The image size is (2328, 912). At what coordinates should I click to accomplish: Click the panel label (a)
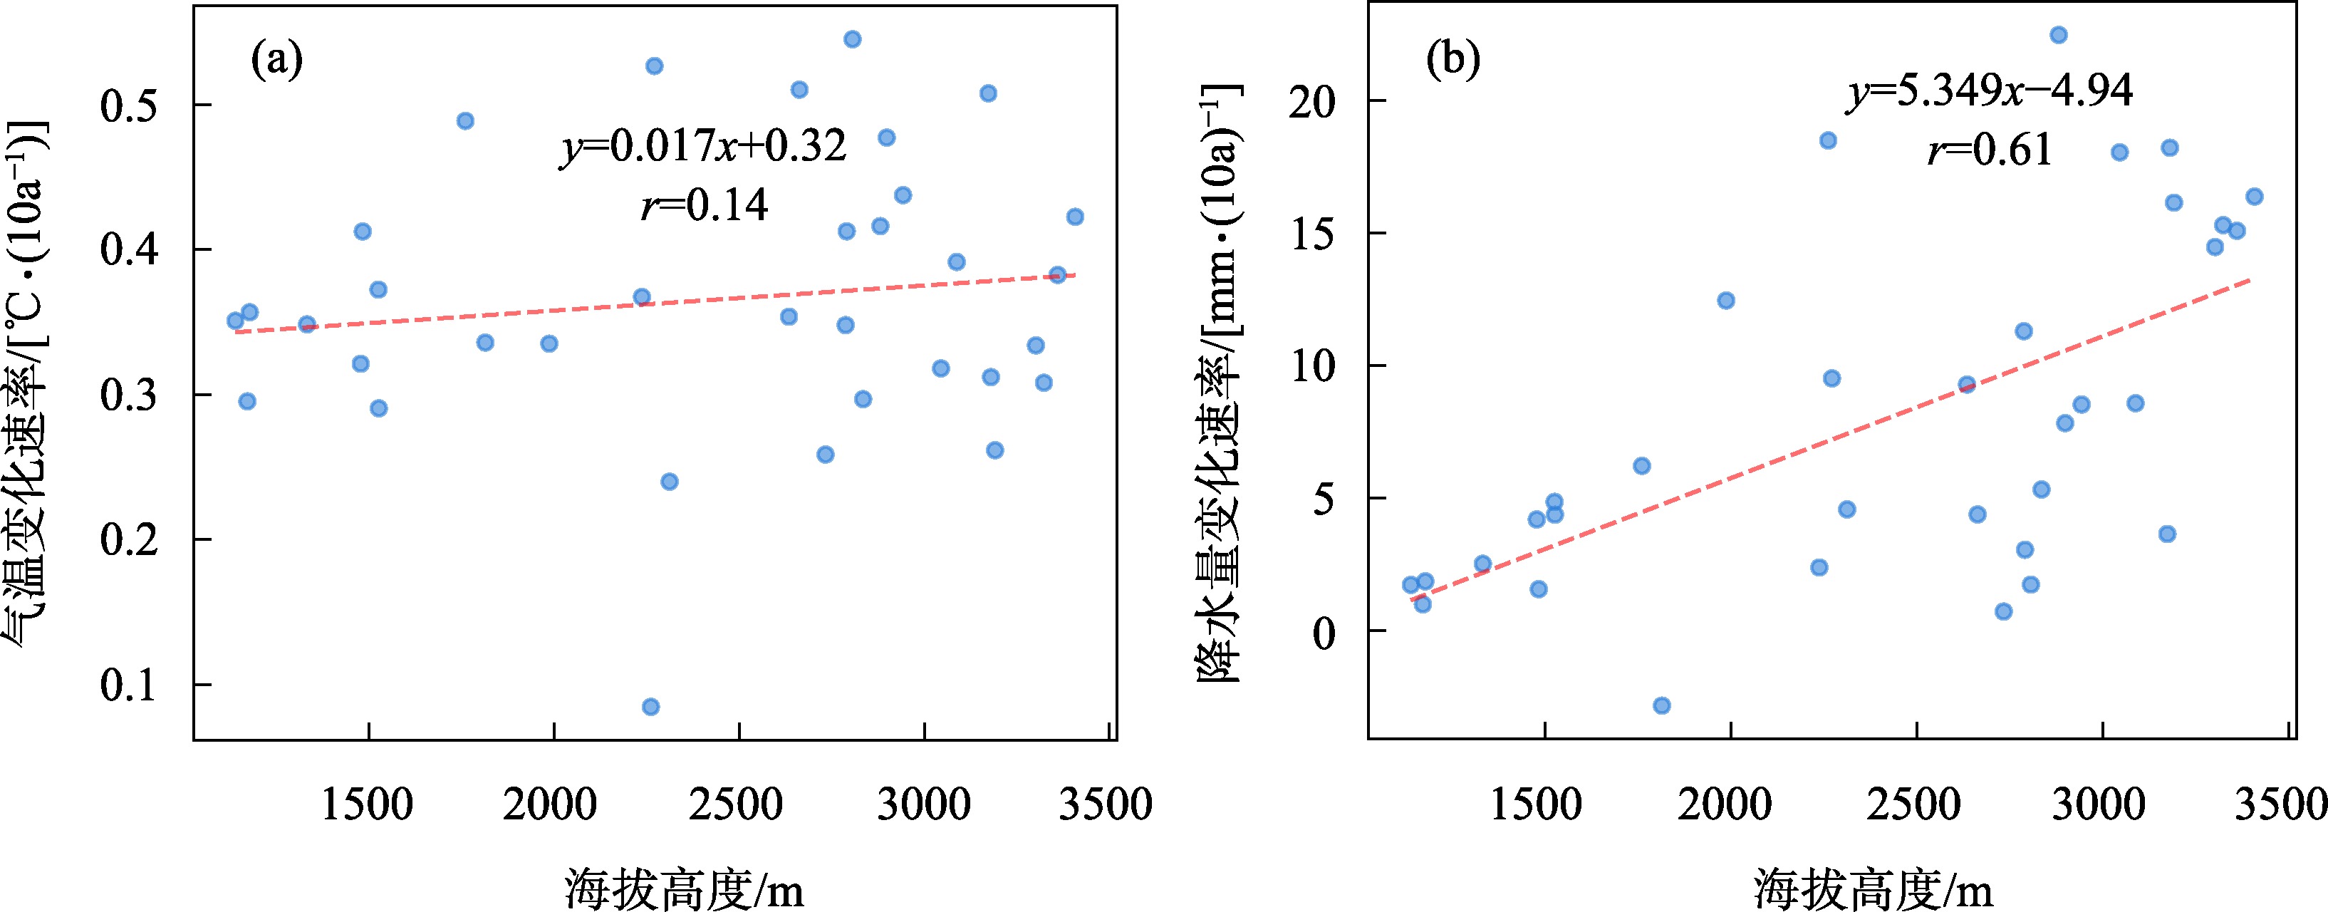276,61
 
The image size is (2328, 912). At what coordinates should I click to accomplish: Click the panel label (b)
1453,60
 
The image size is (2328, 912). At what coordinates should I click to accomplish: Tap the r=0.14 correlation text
704,205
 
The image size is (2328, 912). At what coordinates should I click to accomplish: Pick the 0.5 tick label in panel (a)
129,105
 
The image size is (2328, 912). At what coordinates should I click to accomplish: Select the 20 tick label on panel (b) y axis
1312,102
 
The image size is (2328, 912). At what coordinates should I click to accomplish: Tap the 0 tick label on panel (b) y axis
1324,633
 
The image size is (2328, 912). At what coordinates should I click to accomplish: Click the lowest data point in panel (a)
650,707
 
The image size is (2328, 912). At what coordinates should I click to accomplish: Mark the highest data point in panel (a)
852,39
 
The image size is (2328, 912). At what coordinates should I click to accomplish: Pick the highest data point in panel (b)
2059,35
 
